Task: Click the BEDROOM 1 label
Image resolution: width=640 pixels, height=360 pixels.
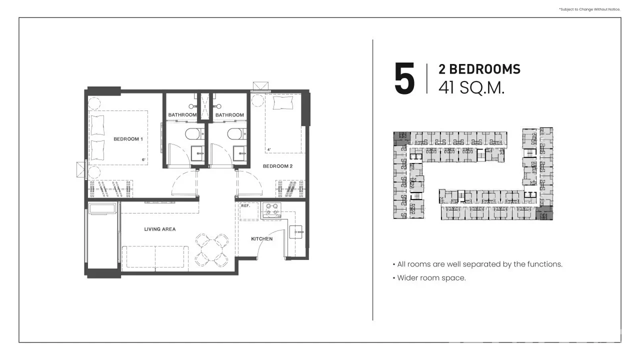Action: pyautogui.click(x=128, y=139)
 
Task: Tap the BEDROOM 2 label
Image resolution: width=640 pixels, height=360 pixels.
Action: pyautogui.click(x=277, y=166)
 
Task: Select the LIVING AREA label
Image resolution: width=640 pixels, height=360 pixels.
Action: pyautogui.click(x=159, y=229)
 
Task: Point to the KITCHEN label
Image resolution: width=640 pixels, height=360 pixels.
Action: pyautogui.click(x=261, y=239)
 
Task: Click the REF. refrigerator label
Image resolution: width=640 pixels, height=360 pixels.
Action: pyautogui.click(x=245, y=205)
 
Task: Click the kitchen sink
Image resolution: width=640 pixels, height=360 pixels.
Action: pyautogui.click(x=296, y=232)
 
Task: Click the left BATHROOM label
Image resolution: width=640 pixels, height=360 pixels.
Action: pyautogui.click(x=182, y=115)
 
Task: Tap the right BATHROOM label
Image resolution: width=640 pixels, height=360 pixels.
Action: pyautogui.click(x=229, y=115)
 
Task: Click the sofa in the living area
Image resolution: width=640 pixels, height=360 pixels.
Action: pyautogui.click(x=155, y=258)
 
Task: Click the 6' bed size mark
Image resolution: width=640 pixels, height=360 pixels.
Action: pyautogui.click(x=143, y=159)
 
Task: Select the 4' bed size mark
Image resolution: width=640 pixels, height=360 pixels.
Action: pyautogui.click(x=269, y=149)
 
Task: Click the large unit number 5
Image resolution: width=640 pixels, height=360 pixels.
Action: pyautogui.click(x=404, y=78)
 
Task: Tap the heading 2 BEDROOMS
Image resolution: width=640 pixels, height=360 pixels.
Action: pyautogui.click(x=479, y=69)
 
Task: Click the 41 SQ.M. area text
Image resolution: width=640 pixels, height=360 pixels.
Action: pyautogui.click(x=471, y=88)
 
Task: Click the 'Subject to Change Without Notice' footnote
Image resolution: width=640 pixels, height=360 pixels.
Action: pyautogui.click(x=589, y=9)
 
